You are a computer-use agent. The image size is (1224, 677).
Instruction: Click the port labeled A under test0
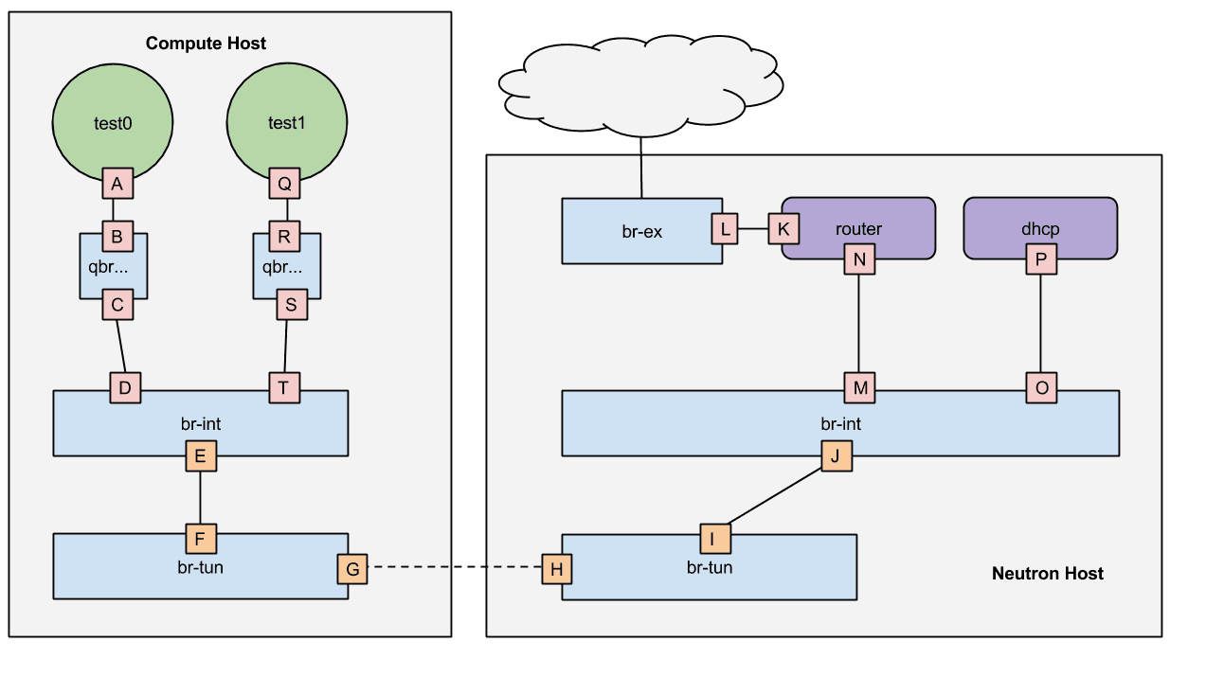117,185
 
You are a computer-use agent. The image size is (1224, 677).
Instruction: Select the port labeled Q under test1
284,185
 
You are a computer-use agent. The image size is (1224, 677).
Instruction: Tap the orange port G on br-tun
351,569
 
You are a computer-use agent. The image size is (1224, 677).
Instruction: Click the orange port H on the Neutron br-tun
557,569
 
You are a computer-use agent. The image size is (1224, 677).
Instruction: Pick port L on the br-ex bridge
726,228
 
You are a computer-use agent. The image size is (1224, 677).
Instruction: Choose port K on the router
783,228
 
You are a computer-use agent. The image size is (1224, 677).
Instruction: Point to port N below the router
859,258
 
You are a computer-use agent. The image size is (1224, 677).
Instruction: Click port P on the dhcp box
1040,258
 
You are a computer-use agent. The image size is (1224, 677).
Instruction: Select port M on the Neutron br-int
859,387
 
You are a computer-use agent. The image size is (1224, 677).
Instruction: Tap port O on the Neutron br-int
1040,387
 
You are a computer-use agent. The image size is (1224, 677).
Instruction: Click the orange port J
836,456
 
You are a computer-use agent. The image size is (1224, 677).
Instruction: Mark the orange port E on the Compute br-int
200,456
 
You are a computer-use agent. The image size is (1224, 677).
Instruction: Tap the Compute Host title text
206,44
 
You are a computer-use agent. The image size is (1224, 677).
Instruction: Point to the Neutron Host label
1047,573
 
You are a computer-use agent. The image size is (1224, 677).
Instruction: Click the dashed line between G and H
454,568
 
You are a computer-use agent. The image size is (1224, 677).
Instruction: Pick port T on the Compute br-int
284,387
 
